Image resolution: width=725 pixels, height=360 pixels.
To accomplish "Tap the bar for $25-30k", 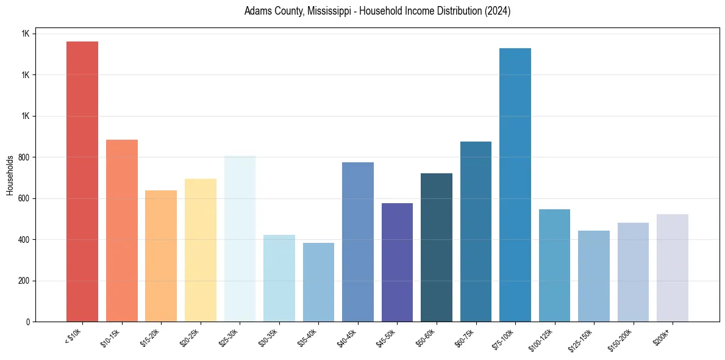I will [x=240, y=239].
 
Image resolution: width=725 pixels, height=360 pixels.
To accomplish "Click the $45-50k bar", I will [x=397, y=262].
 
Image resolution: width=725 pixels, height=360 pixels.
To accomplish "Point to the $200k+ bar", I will [x=673, y=268].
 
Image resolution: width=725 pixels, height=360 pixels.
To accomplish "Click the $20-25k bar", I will [x=201, y=250].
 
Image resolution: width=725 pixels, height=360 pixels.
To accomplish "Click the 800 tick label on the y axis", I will [x=23, y=157].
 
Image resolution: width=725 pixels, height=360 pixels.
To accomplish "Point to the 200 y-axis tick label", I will [x=23, y=281].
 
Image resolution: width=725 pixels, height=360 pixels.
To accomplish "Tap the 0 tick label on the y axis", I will [x=27, y=322].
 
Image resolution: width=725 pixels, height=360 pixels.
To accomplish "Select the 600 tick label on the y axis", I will [x=23, y=199].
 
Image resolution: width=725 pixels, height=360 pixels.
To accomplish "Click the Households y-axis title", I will [x=10, y=175].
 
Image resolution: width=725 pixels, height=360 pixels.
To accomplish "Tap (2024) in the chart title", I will [x=496, y=11].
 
